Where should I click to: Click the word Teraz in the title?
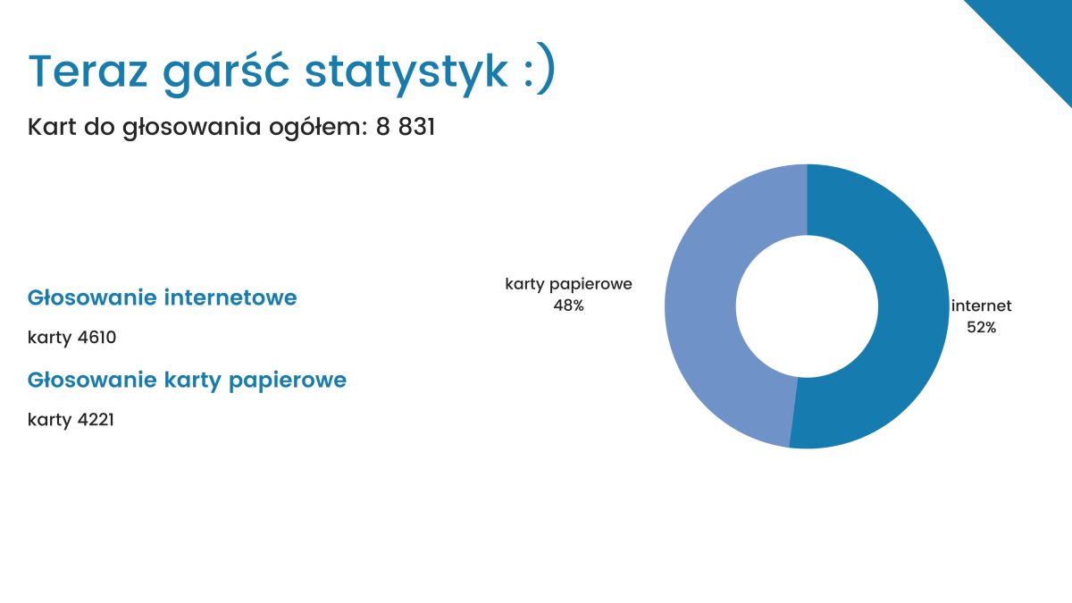(x=88, y=71)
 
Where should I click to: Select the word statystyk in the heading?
(x=406, y=72)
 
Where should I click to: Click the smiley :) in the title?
(x=540, y=68)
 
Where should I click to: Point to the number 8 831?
(x=406, y=127)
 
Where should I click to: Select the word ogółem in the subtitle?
(x=318, y=128)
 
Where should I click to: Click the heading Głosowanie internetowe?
(x=163, y=297)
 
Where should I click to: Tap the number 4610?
(x=96, y=338)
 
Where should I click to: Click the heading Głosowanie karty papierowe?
(x=187, y=381)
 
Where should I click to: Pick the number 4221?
(x=96, y=420)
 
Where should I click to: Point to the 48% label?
(x=568, y=306)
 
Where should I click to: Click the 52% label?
(x=982, y=327)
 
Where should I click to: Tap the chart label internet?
(x=982, y=306)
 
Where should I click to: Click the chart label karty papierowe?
(x=568, y=284)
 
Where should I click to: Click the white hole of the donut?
(x=807, y=306)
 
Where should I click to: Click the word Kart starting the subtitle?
(x=52, y=127)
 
